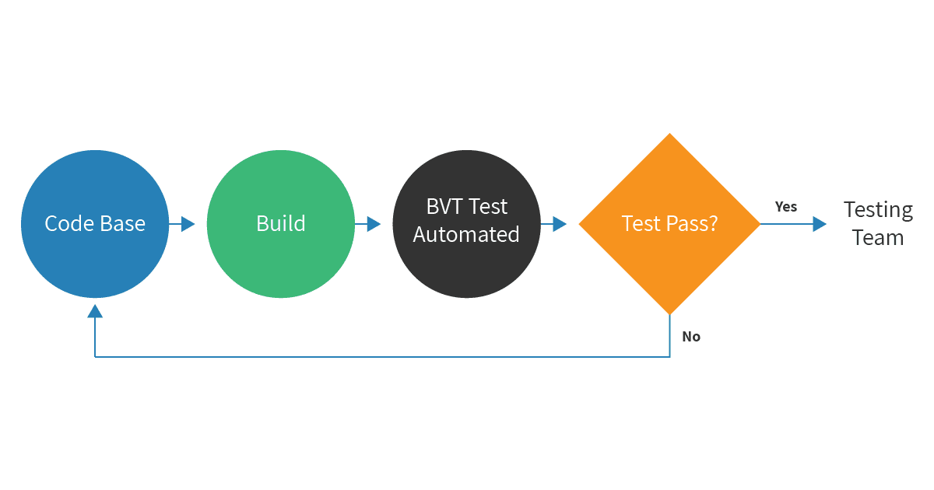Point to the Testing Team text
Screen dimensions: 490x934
(x=878, y=223)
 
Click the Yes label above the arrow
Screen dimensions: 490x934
(x=786, y=207)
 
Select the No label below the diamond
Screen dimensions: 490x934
(x=691, y=337)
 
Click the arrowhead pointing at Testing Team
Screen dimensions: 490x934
(x=820, y=224)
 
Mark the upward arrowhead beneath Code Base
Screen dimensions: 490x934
(x=95, y=311)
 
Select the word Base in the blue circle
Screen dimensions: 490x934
(x=120, y=224)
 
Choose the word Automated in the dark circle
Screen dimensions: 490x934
(x=466, y=234)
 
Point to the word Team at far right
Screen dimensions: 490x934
(x=878, y=237)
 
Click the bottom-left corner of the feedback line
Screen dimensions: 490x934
(x=95, y=357)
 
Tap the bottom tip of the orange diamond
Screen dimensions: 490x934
(x=669, y=313)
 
